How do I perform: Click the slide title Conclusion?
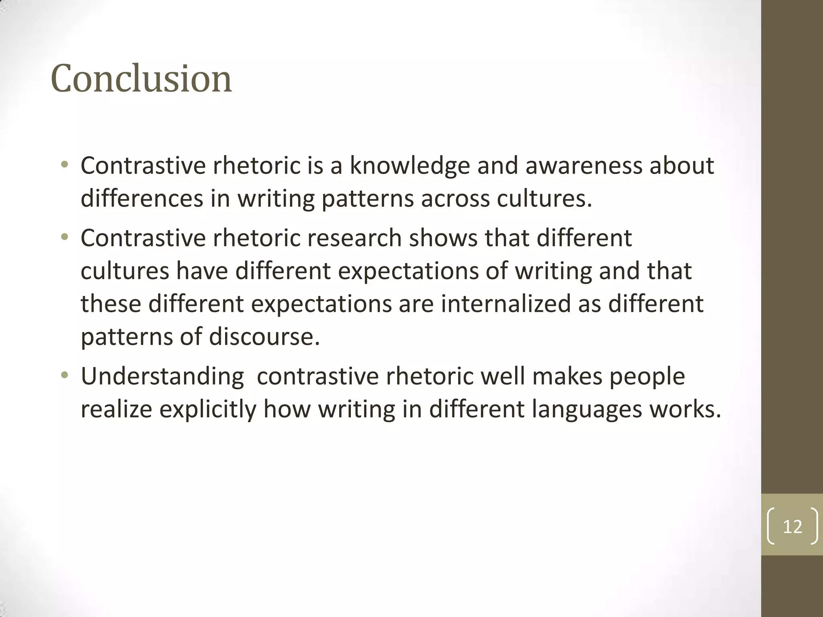141,78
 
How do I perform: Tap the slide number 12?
792,526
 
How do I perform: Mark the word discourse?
264,336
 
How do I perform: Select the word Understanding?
162,377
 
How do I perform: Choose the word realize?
116,409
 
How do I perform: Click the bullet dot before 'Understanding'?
64,376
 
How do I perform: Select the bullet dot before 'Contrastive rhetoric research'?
64,237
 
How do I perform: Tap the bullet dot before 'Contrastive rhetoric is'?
64,165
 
